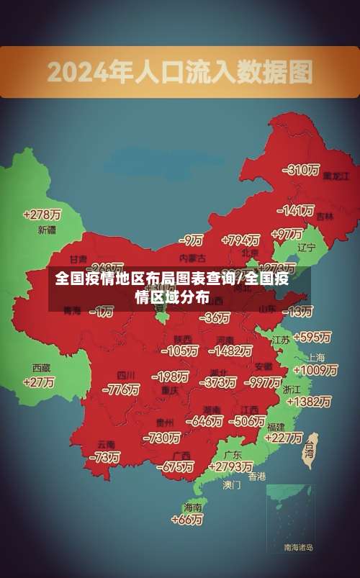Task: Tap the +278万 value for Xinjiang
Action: click(42, 215)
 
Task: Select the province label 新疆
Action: click(47, 230)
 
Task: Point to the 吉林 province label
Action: click(325, 216)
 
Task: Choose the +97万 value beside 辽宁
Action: click(287, 234)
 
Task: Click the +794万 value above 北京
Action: click(240, 240)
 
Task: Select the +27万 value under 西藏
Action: click(39, 382)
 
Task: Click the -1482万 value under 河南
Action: click(230, 351)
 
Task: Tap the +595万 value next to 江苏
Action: click(312, 337)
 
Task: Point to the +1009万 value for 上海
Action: click(315, 370)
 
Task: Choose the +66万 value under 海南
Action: click(187, 519)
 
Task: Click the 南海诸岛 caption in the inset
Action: click(298, 548)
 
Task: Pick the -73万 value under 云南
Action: click(104, 457)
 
